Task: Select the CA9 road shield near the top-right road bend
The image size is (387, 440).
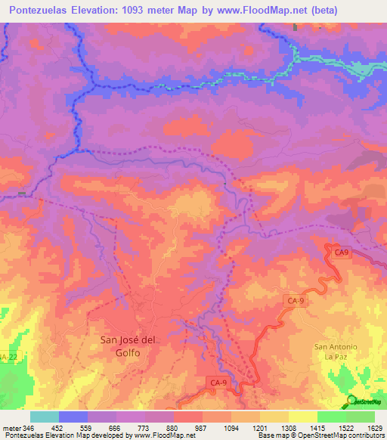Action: click(x=342, y=252)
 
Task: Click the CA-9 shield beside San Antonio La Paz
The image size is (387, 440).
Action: click(x=296, y=301)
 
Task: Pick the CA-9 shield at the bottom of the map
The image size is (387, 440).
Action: click(x=218, y=384)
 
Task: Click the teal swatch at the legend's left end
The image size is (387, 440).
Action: click(x=45, y=417)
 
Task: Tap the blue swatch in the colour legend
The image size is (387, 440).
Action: click(x=73, y=417)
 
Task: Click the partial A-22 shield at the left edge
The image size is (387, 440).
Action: click(x=8, y=356)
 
